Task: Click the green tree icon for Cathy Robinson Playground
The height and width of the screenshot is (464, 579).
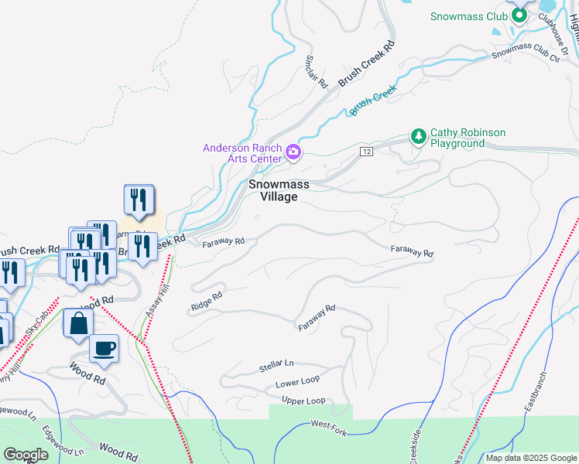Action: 418,137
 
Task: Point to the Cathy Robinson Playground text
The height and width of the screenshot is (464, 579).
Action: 468,138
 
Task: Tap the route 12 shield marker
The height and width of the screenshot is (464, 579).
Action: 367,152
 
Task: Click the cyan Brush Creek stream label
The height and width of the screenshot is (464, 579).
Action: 372,101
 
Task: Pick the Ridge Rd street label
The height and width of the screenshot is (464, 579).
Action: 207,302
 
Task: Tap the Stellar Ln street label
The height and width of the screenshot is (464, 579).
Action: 278,363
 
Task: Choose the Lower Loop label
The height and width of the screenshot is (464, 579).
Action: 297,382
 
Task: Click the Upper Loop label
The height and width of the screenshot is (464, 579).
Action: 303,401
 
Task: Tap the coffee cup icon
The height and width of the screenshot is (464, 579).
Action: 104,348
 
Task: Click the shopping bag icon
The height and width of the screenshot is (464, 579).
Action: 79,323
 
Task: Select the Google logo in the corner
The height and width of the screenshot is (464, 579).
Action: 26,455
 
